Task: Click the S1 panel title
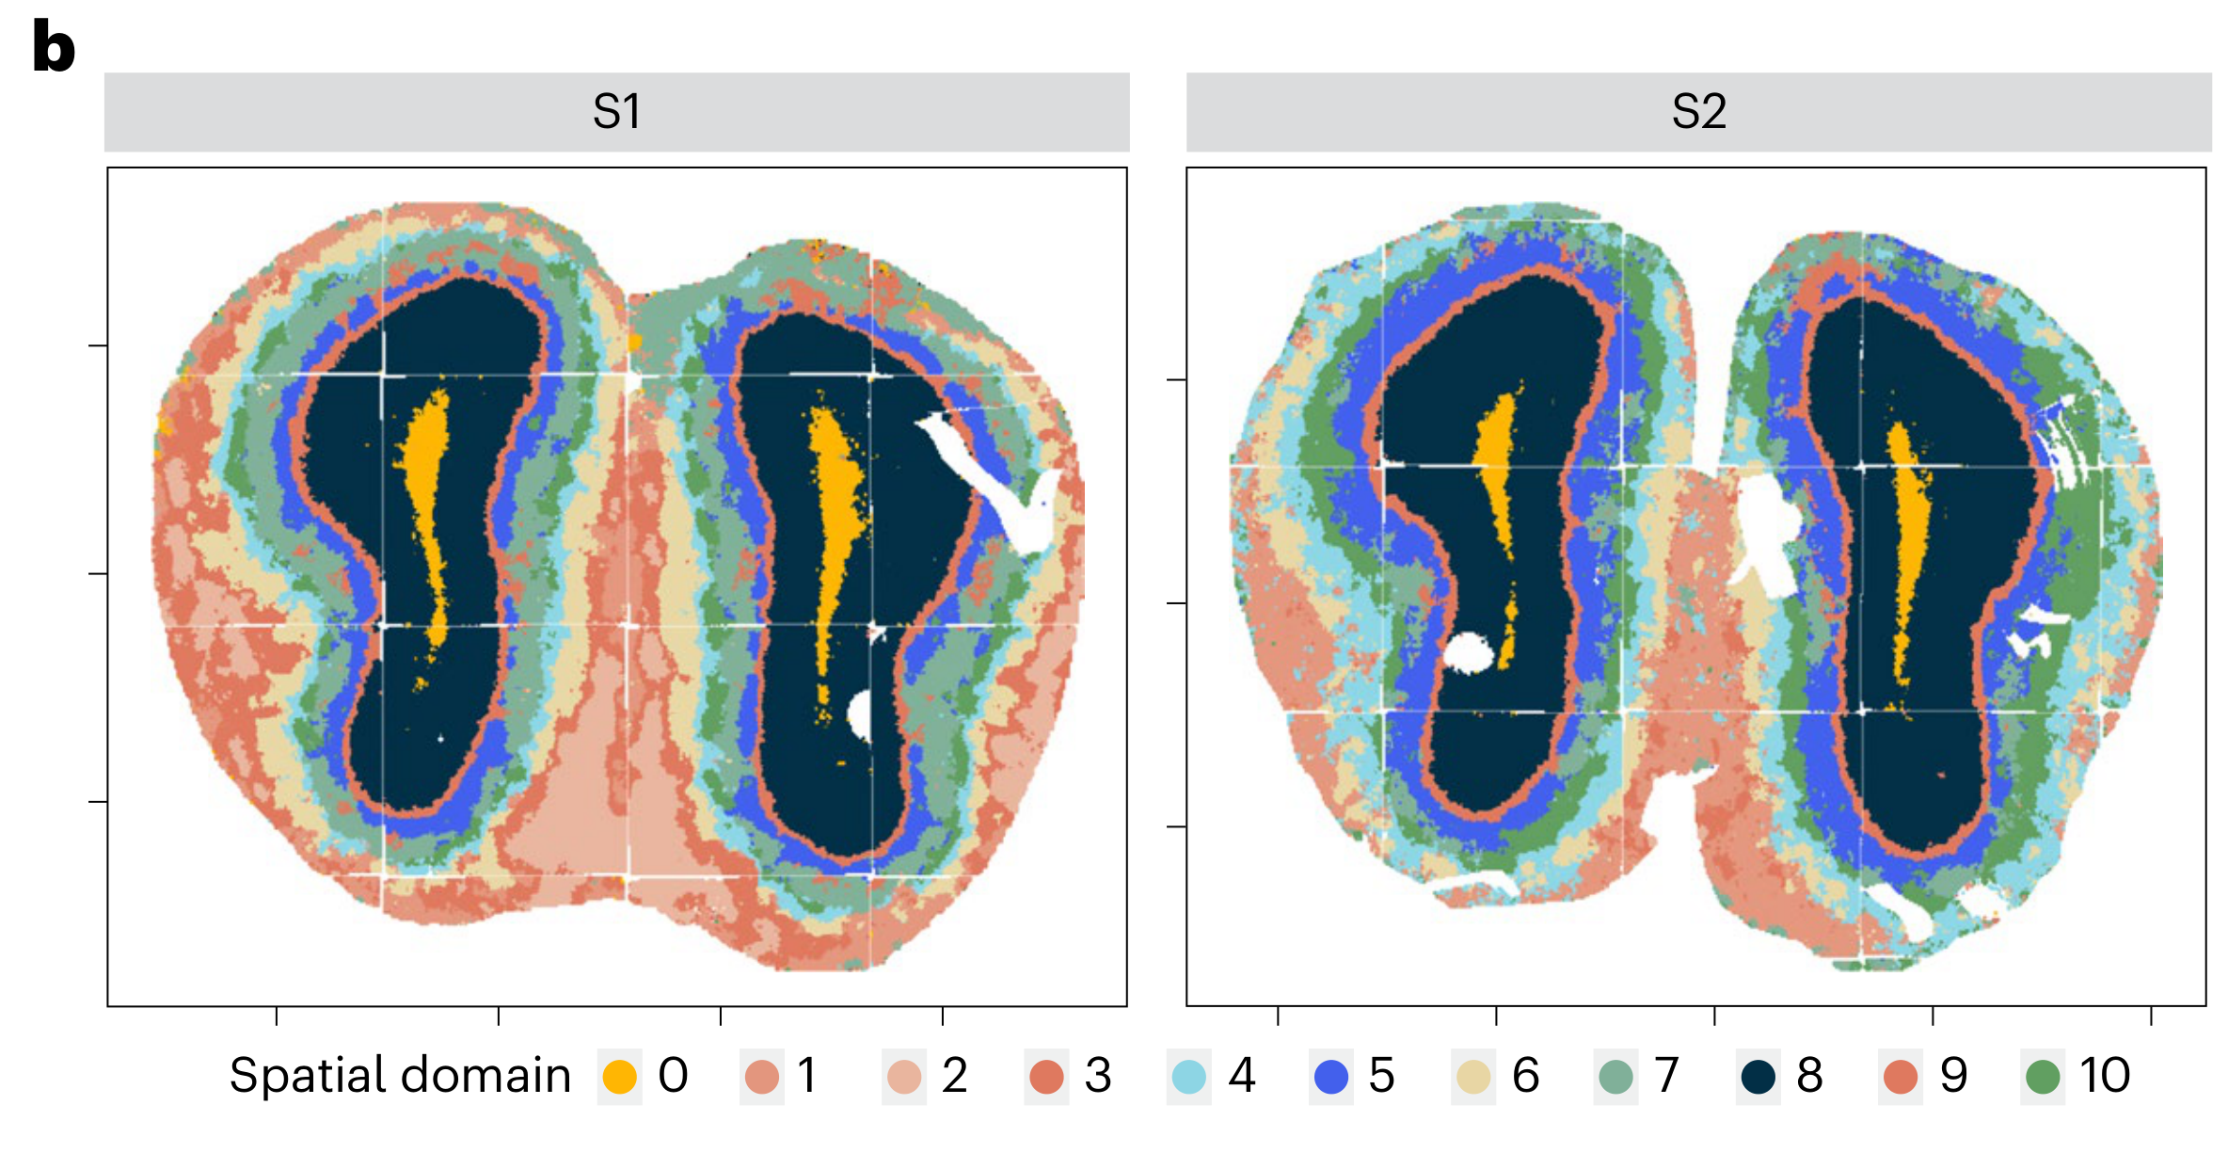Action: point(616,112)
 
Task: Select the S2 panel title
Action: point(1698,112)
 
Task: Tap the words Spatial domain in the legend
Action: point(400,1075)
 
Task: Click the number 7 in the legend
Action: point(1666,1075)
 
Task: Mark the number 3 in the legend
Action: point(1098,1075)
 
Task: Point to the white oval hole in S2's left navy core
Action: point(1468,652)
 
